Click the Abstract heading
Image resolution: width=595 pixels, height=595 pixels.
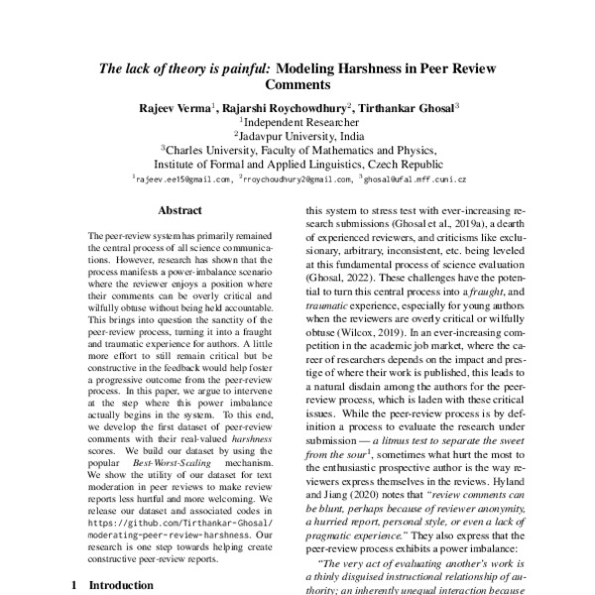tap(179, 210)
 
